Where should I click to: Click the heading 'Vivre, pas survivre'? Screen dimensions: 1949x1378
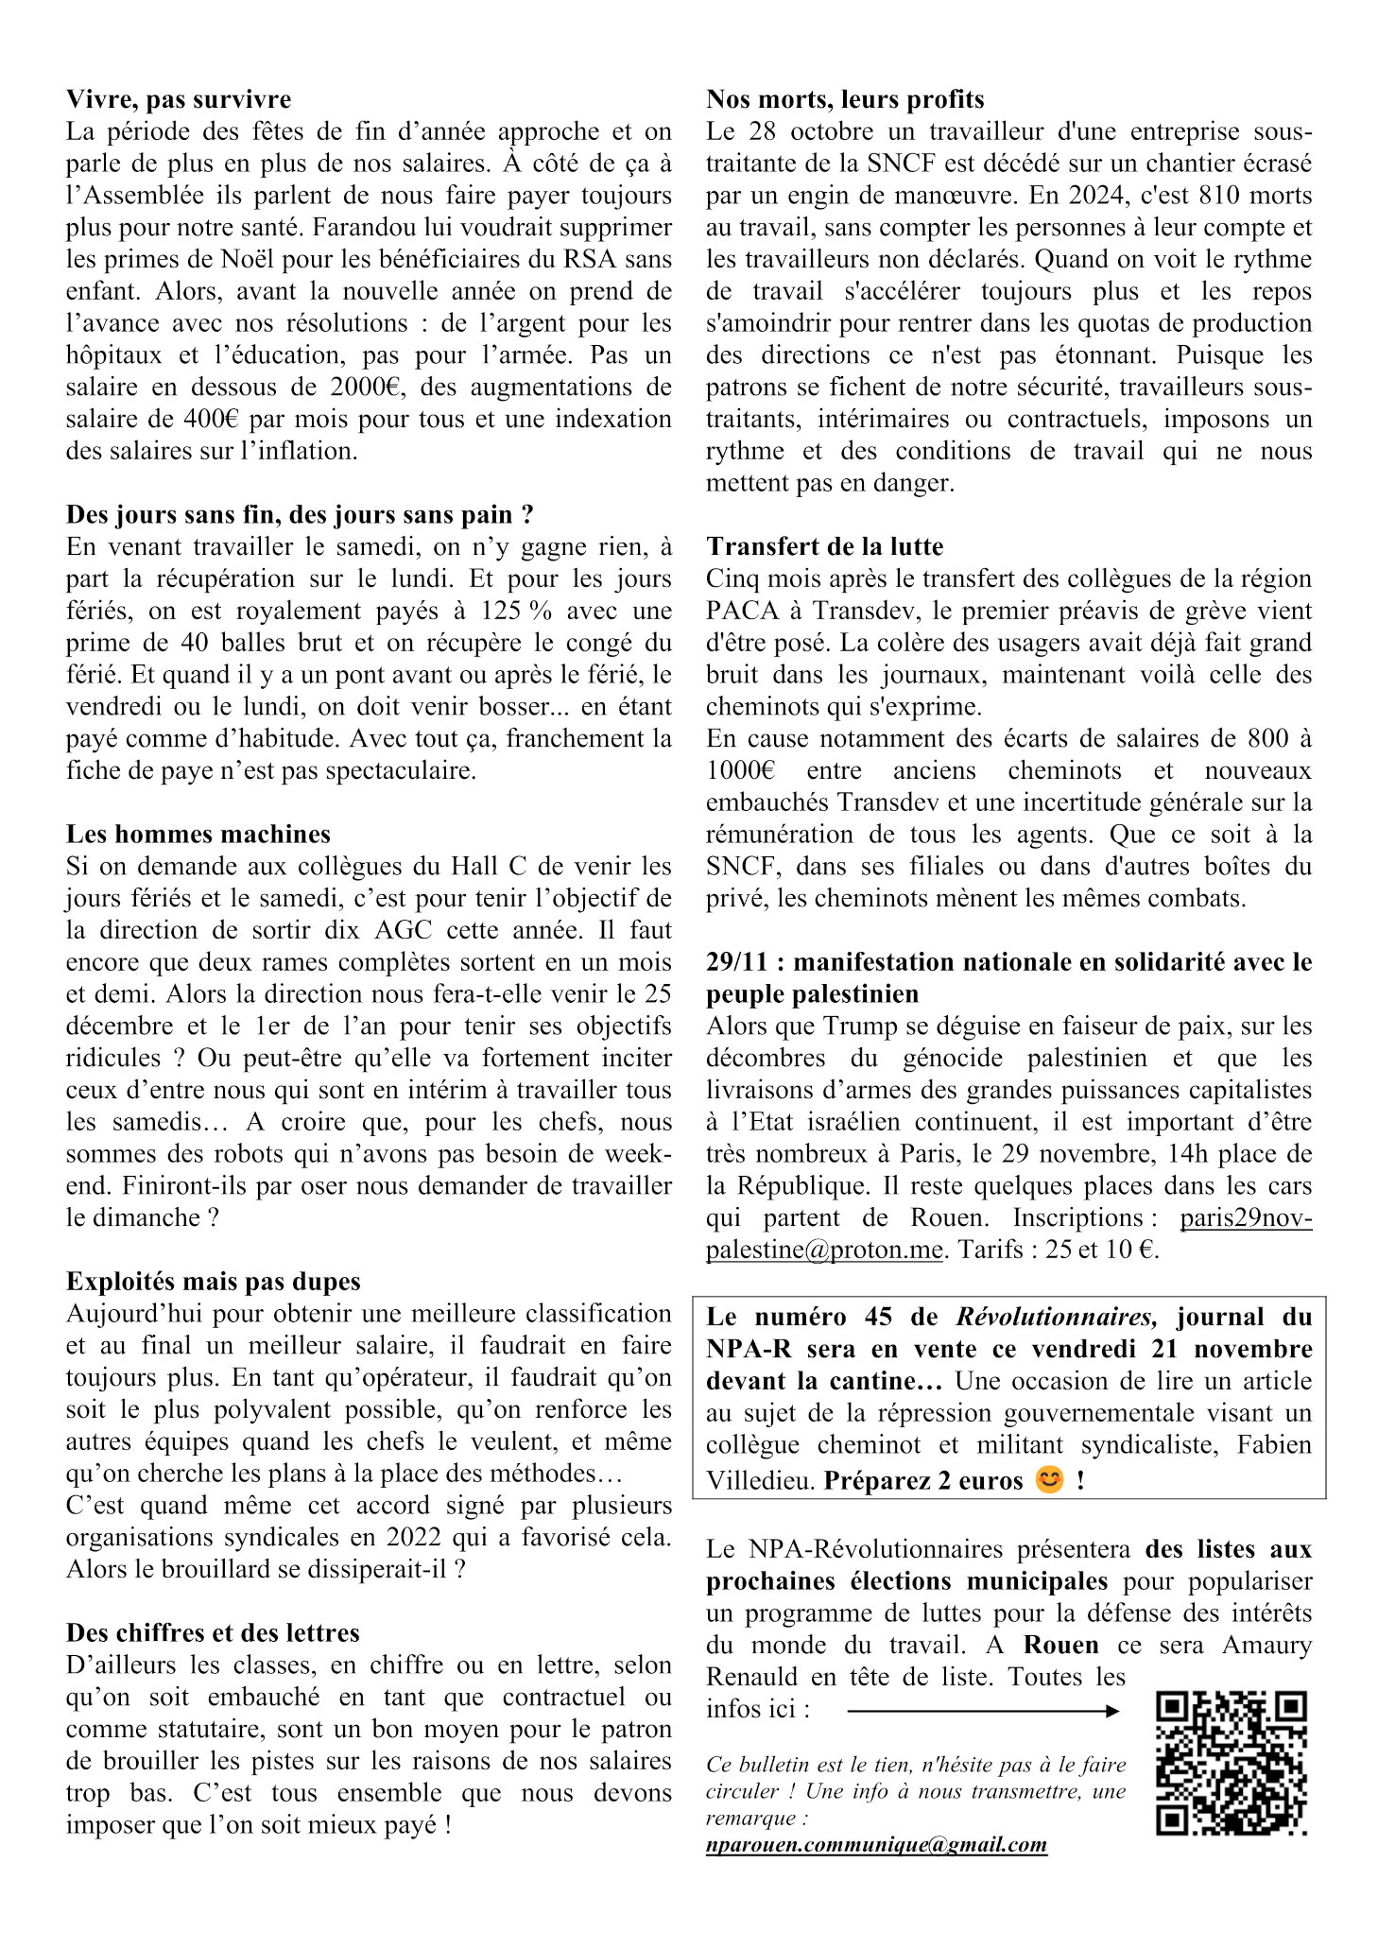pyautogui.click(x=179, y=99)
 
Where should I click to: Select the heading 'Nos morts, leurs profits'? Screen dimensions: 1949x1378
pyautogui.click(x=845, y=99)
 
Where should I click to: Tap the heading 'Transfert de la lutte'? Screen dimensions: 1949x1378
pyautogui.click(x=824, y=546)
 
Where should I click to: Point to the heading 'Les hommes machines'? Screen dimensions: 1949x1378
pyautogui.click(x=198, y=834)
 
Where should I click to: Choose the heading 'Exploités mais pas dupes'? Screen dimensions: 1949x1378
pyautogui.click(x=214, y=1281)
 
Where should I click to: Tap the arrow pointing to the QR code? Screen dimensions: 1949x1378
pyautogui.click(x=983, y=1711)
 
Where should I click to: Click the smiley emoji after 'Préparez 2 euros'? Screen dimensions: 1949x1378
pyautogui.click(x=1049, y=1479)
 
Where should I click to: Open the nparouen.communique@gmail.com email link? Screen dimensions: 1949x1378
pyautogui.click(x=876, y=1844)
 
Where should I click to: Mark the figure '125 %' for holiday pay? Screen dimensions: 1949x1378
pyautogui.click(x=516, y=611)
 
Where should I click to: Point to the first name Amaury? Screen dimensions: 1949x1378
pyautogui.click(x=1266, y=1645)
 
